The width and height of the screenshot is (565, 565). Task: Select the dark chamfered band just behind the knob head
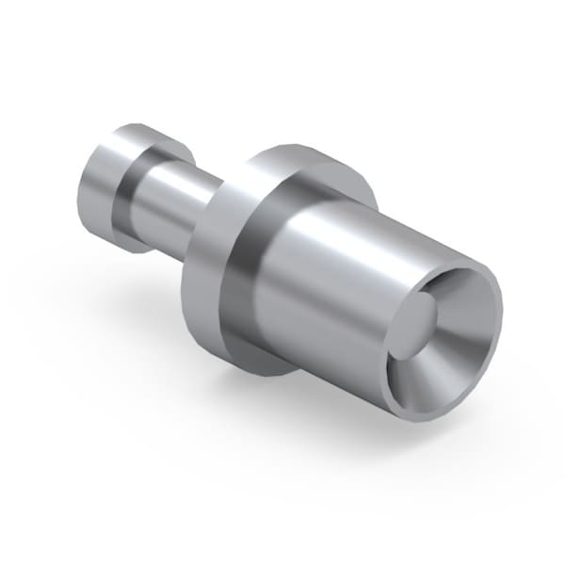(x=132, y=188)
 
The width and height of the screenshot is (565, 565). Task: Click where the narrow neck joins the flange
(x=212, y=207)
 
